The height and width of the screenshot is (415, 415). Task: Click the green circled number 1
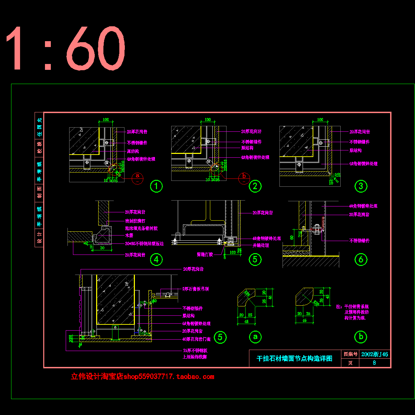pyautogui.click(x=156, y=186)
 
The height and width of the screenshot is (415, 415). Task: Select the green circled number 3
pyautogui.click(x=361, y=186)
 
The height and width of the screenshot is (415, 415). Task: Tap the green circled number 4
pyautogui.click(x=156, y=259)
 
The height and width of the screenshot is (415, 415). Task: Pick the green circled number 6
pyautogui.click(x=361, y=259)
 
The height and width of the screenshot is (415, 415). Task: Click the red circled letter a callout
pyautogui.click(x=138, y=176)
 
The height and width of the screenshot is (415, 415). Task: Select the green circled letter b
pyautogui.click(x=361, y=336)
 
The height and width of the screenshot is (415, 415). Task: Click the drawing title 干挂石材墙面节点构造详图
pyautogui.click(x=294, y=359)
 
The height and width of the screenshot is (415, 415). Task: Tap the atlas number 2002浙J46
pyautogui.click(x=375, y=354)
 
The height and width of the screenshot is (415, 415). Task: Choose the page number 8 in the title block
pyautogui.click(x=374, y=363)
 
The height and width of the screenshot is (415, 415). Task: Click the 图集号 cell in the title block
pyautogui.click(x=350, y=354)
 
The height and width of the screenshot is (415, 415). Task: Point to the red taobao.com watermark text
pyautogui.click(x=142, y=377)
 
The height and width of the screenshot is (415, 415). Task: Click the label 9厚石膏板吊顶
pyautogui.click(x=196, y=289)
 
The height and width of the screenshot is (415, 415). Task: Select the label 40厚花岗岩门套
pyautogui.click(x=196, y=339)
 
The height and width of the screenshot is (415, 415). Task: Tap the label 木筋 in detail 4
pyautogui.click(x=129, y=236)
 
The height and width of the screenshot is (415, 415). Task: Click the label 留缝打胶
pyautogui.click(x=205, y=255)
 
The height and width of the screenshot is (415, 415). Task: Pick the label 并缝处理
pyautogui.click(x=261, y=246)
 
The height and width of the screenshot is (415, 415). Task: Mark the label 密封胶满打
pyautogui.click(x=135, y=221)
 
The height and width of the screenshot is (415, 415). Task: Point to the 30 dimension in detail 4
pyautogui.click(x=102, y=248)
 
